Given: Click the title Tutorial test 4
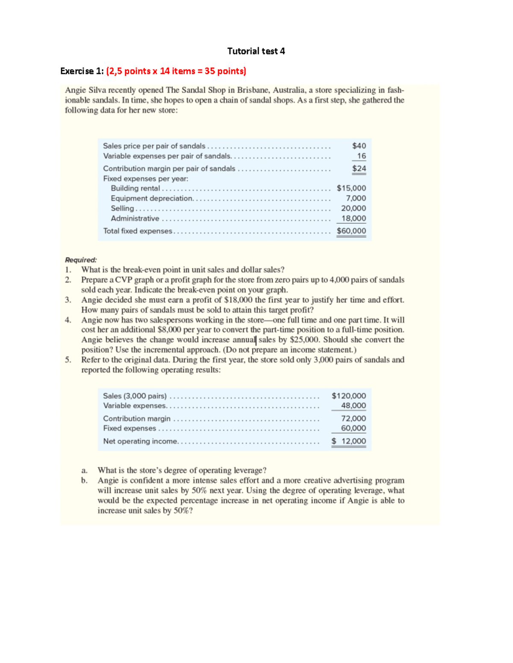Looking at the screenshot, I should tap(256, 51).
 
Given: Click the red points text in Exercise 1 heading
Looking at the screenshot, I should tap(176, 71).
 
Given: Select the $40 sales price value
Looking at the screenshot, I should tap(359, 146).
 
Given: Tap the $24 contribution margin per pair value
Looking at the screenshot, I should tap(359, 169).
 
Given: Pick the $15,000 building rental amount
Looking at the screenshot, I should tap(351, 188).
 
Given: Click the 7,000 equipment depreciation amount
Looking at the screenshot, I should tap(356, 198).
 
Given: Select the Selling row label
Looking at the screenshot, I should tap(122, 208).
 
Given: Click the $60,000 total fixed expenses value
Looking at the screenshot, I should tap(351, 231).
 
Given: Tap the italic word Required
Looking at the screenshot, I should tap(81, 260).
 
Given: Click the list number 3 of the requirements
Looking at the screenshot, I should tap(68, 300).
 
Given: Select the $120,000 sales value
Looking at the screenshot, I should tap(348, 396).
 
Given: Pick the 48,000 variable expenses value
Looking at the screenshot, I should tap(353, 406).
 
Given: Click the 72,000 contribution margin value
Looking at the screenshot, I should tap(353, 418).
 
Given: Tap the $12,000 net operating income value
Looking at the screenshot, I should tap(348, 441).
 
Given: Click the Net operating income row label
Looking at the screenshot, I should tap(140, 441).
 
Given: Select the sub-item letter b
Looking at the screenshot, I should tap(84, 480).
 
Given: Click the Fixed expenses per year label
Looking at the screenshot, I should tap(145, 178).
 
